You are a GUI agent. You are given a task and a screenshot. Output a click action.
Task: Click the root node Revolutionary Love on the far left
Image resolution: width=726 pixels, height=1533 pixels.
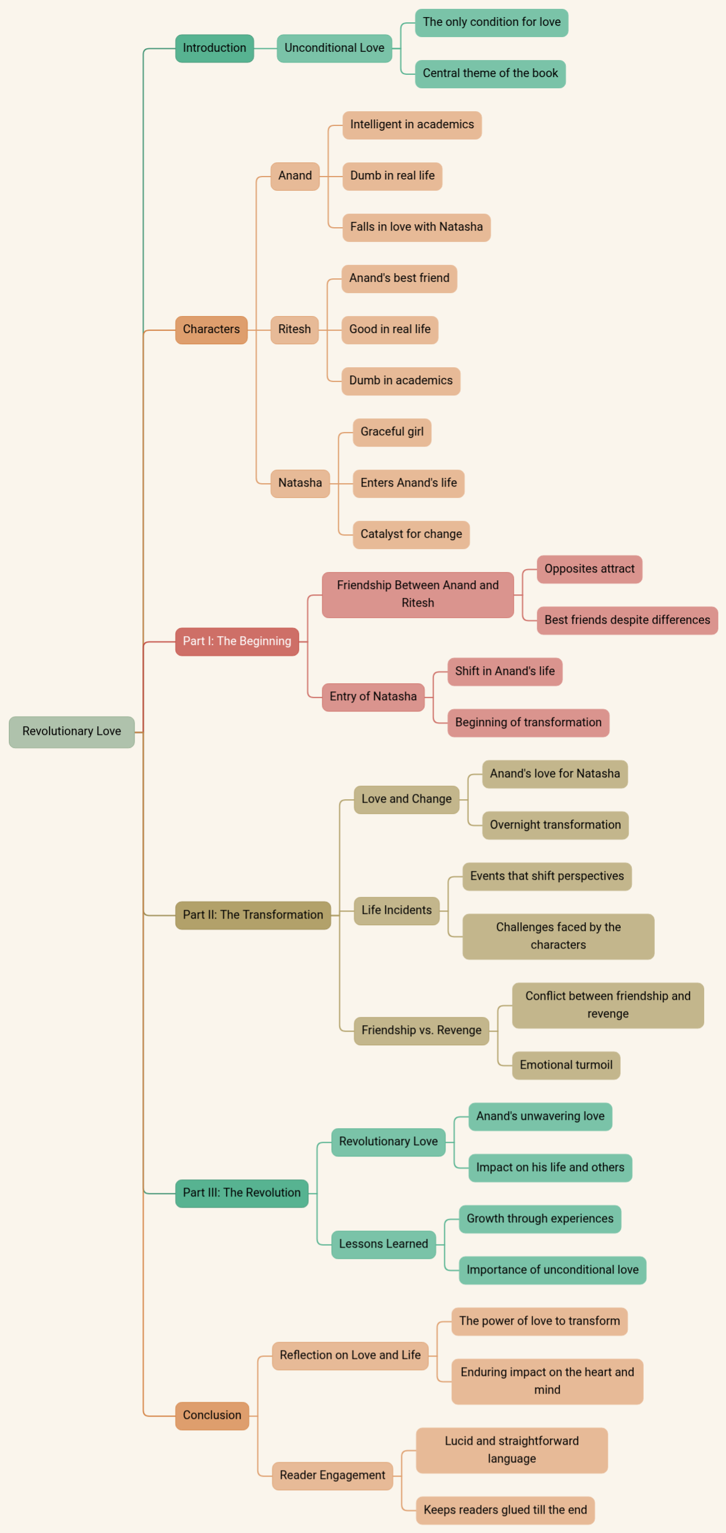pos(71,731)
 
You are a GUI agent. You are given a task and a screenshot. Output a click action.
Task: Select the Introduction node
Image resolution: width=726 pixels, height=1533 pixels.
pos(214,48)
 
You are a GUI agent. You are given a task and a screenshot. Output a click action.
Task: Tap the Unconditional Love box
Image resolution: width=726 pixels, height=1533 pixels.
pos(334,48)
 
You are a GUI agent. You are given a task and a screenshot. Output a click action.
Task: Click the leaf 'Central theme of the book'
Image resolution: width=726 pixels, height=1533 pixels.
pos(489,74)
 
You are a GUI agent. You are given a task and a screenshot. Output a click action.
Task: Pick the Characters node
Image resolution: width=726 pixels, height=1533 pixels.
pos(211,330)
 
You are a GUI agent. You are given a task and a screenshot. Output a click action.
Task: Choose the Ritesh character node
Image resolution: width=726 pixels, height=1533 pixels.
pos(294,330)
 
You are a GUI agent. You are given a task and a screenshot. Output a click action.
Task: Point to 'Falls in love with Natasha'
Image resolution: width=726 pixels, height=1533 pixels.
pos(416,227)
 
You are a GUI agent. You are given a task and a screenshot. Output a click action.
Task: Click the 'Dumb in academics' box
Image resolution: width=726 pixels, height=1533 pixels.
pos(401,381)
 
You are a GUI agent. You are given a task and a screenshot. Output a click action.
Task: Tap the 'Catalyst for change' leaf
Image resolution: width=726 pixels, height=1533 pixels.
pos(411,534)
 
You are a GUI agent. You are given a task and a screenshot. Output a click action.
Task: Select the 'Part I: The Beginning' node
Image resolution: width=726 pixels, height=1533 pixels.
pos(237,641)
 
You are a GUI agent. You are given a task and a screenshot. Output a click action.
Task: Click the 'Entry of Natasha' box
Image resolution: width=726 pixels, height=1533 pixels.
pos(372,697)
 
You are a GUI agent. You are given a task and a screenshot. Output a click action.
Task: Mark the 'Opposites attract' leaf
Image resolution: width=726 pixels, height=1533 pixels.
pos(589,569)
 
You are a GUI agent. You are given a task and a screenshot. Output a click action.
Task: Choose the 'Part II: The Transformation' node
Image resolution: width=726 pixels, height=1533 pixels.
pos(252,915)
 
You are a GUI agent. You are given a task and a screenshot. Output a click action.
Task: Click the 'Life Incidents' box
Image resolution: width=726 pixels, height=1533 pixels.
pos(397,910)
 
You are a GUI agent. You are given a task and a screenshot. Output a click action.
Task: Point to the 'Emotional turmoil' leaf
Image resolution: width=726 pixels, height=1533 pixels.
pos(565,1065)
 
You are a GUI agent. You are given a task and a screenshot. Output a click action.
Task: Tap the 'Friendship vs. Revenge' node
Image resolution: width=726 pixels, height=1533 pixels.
pos(421,1030)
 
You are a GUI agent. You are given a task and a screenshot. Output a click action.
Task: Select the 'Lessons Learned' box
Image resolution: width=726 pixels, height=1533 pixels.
pos(383,1245)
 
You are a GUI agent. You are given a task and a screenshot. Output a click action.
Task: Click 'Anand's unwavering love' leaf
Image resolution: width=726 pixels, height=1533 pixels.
pos(539,1116)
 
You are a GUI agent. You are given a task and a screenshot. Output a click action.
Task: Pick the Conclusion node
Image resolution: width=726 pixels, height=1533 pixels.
pos(212,1416)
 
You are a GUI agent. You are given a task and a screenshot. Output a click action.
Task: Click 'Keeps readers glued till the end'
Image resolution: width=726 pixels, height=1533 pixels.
pos(505,1511)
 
